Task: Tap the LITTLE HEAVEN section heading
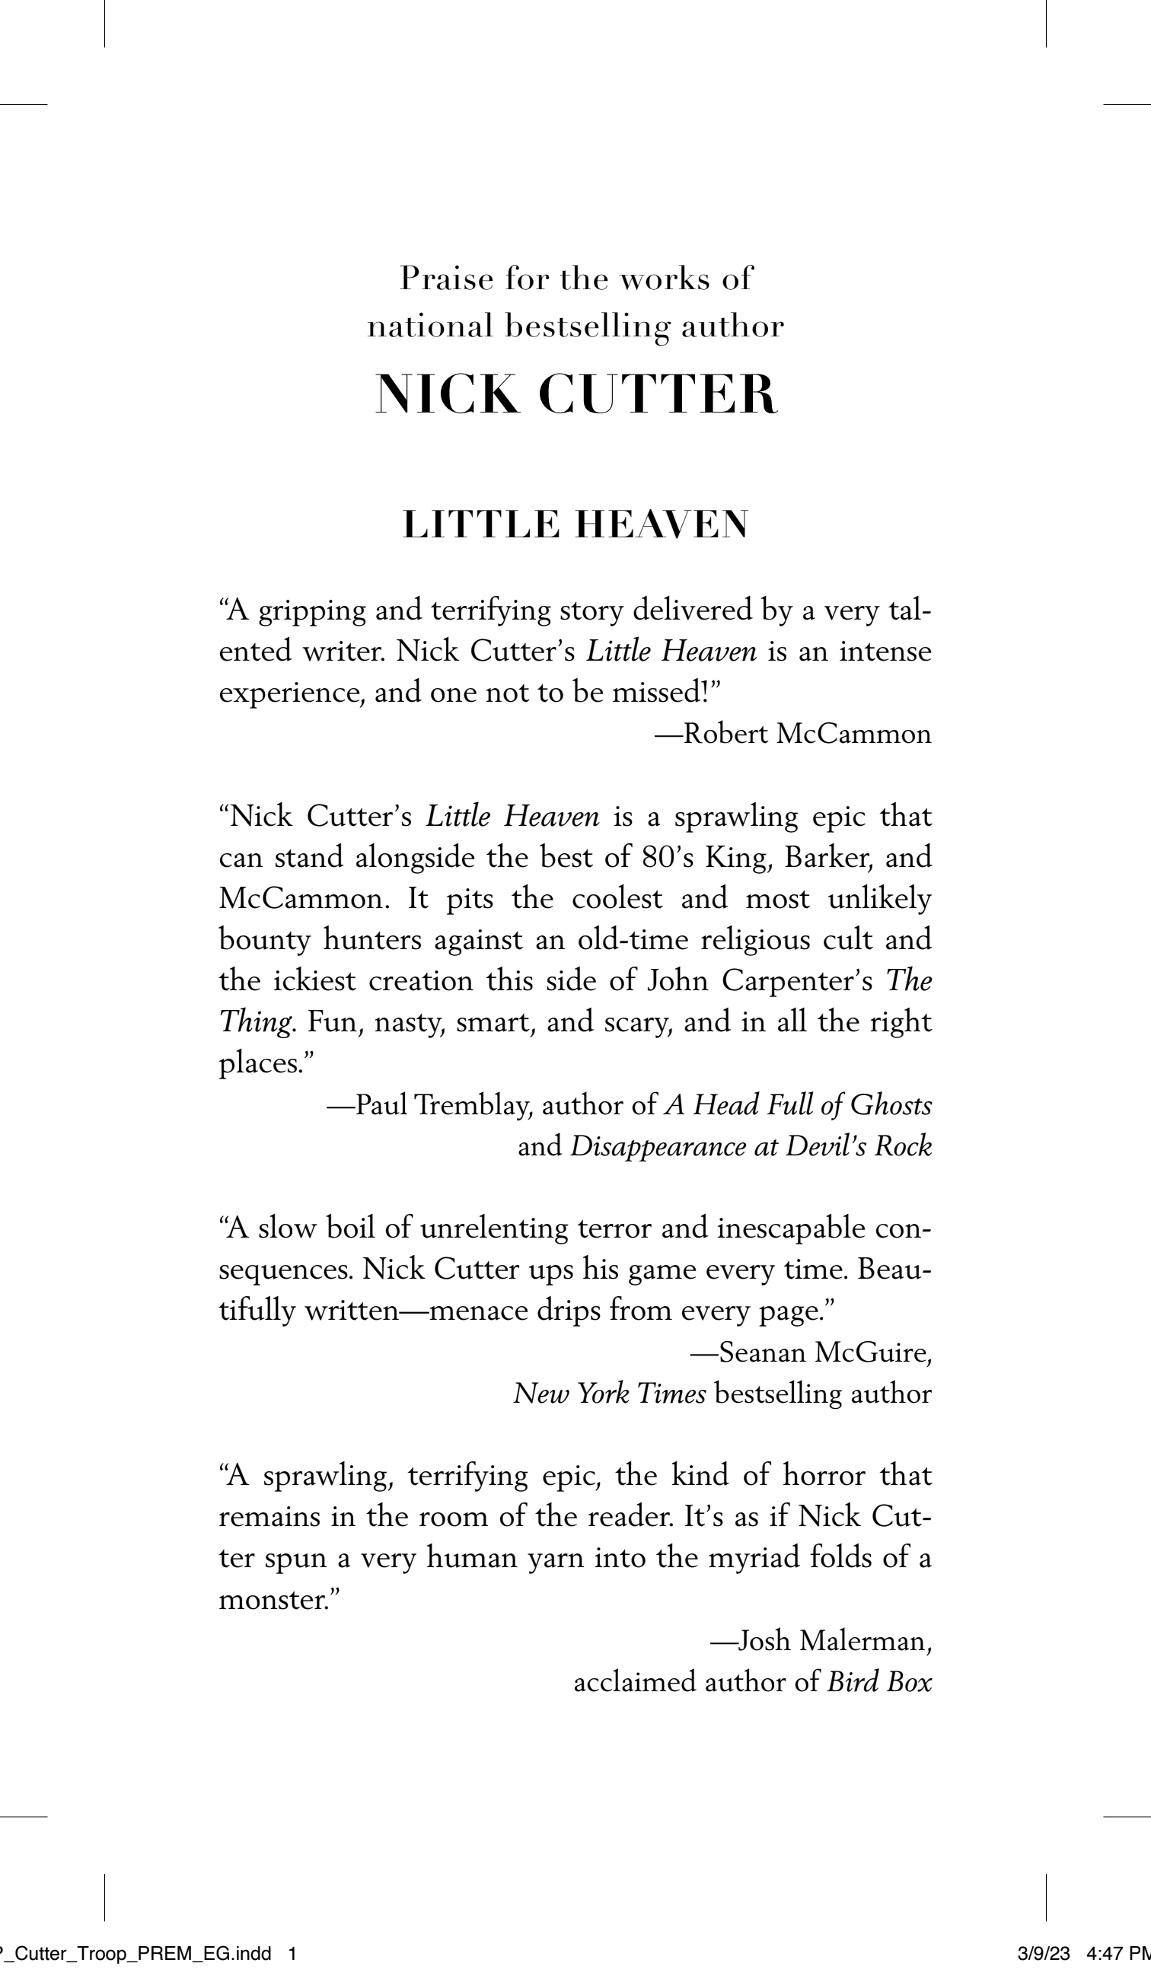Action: [x=576, y=524]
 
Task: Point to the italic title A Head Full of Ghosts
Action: [x=798, y=1105]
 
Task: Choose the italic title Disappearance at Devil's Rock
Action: [x=751, y=1146]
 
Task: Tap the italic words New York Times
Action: [x=610, y=1393]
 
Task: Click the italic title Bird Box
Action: [x=879, y=1681]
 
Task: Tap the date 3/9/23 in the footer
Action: [x=1043, y=1953]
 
